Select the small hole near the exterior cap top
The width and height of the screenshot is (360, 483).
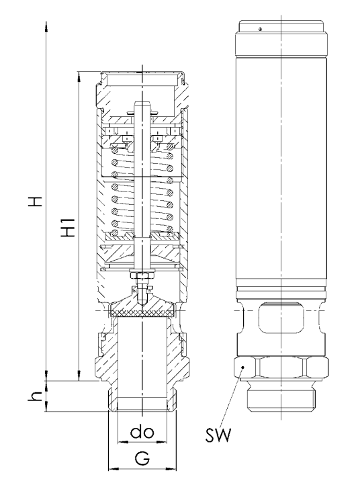259,28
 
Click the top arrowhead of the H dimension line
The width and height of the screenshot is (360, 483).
46,26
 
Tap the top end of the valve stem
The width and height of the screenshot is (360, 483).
142,105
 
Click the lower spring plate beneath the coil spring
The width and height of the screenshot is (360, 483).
142,236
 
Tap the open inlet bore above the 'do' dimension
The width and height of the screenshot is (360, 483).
142,363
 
